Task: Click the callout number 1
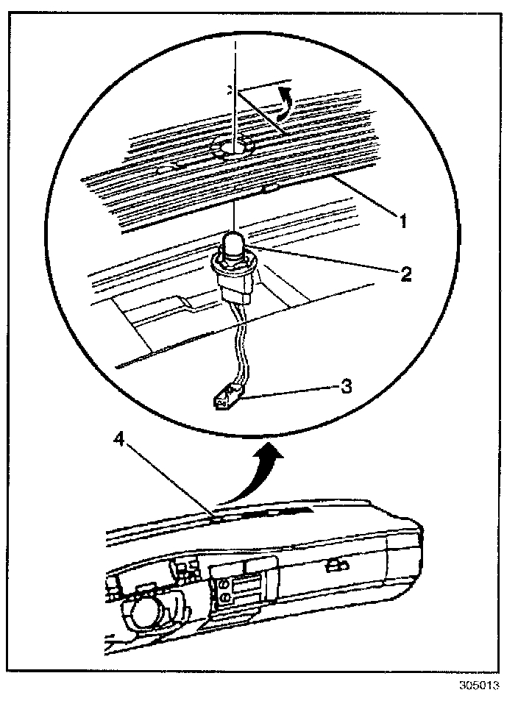click(x=402, y=218)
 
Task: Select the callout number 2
click(x=405, y=275)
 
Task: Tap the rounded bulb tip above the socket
click(x=233, y=243)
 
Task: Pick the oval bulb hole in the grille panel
click(x=233, y=149)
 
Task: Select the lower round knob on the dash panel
click(x=221, y=602)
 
